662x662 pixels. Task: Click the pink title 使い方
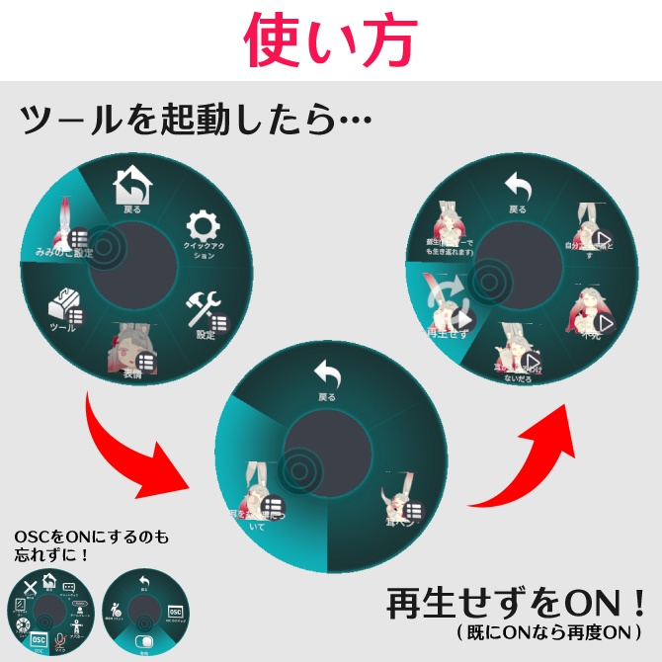[330, 40]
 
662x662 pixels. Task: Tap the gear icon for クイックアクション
[204, 225]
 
